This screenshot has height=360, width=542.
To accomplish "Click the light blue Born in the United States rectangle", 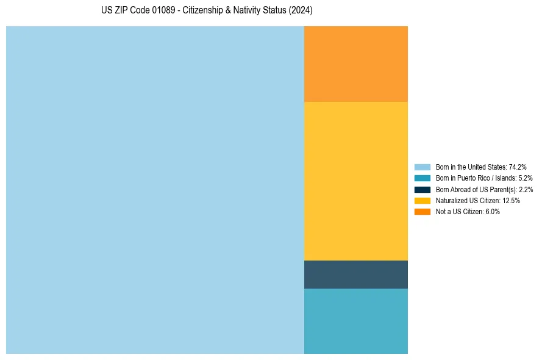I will pos(155,190).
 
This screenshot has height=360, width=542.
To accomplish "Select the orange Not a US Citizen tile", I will pos(356,64).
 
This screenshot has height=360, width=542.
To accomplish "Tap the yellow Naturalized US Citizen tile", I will pos(356,181).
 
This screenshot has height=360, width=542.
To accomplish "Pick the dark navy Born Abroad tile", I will pos(356,275).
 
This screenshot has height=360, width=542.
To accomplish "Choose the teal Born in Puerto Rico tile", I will pos(356,321).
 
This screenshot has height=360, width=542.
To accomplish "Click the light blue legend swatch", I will pos(423,167).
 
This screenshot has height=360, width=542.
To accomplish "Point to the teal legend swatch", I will pos(423,178).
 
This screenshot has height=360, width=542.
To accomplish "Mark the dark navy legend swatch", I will pos(423,189).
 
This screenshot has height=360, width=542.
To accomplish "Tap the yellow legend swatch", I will pos(423,200).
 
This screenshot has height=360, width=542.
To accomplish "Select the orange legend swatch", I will pos(423,212).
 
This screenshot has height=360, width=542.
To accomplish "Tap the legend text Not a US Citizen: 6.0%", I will pos(468,212).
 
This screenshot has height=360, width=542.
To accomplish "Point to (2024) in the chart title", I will pos(301,11).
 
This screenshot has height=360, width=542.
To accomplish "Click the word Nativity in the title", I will pos(250,11).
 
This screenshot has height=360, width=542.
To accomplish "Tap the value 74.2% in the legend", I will pos(517,167).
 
